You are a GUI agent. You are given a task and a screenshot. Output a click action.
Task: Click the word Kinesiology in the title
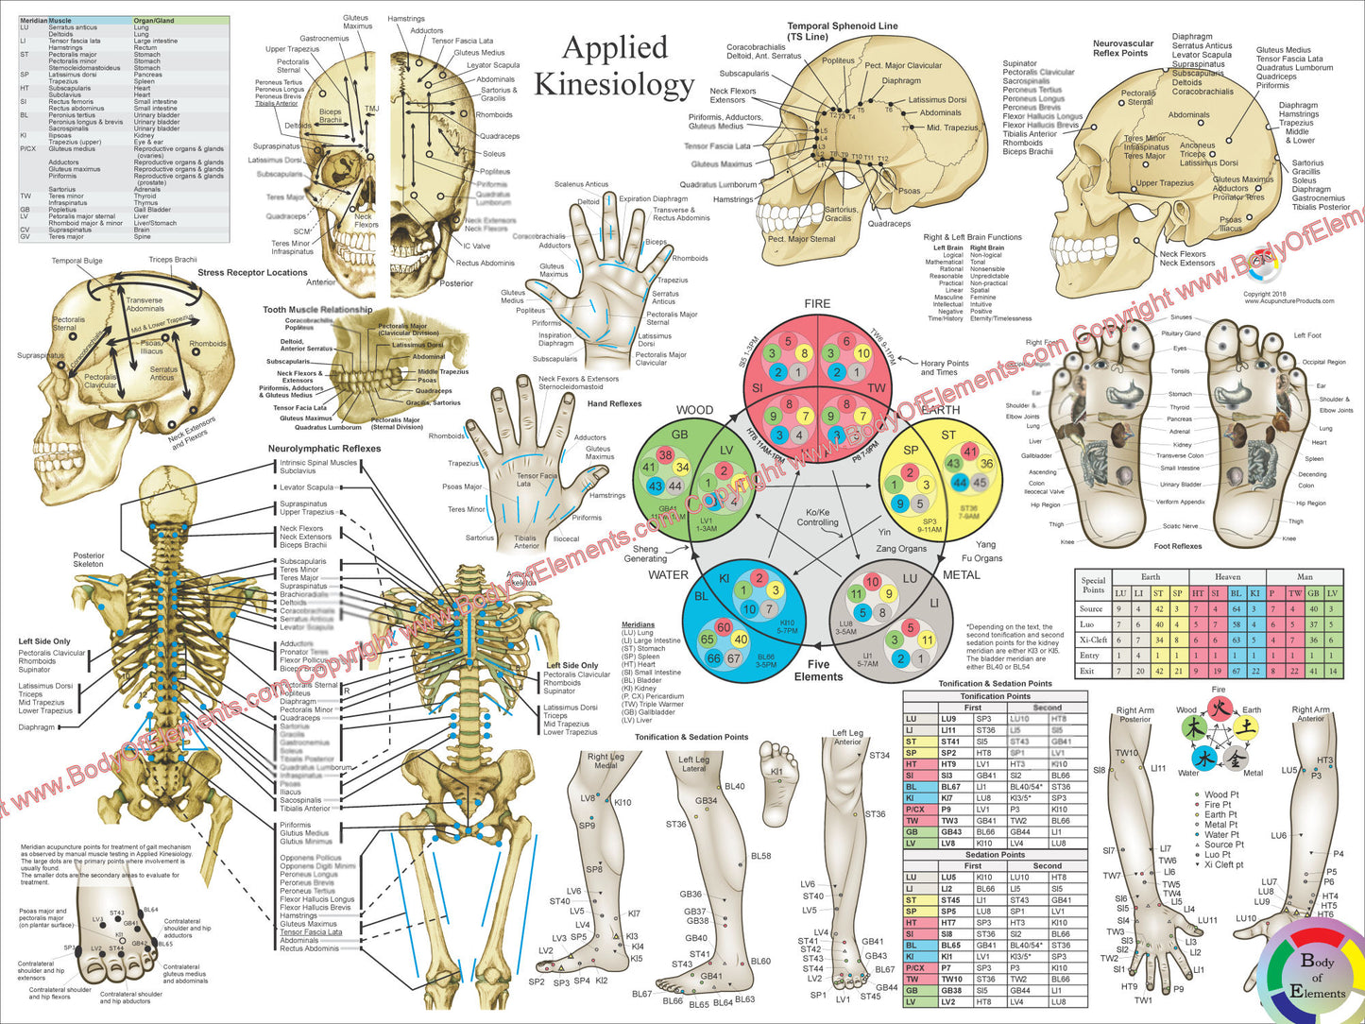tap(614, 84)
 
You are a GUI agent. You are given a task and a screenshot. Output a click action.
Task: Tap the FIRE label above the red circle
tap(817, 304)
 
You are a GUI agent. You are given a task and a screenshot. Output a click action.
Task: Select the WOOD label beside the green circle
tap(694, 410)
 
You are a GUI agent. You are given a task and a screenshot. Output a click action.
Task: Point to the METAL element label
tap(962, 574)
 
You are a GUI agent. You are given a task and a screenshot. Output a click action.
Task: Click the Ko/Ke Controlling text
tap(817, 518)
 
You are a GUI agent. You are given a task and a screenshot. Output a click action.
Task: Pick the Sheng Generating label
tap(645, 554)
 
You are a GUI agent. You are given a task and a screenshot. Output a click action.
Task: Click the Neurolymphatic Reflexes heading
tap(324, 449)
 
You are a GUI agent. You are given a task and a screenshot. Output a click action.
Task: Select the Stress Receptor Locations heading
tap(252, 273)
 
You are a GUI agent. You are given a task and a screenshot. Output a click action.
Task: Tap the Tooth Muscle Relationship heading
tap(317, 310)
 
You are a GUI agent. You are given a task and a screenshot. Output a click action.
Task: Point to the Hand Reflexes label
tap(614, 403)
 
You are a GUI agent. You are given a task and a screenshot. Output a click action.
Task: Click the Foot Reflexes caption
tap(1177, 546)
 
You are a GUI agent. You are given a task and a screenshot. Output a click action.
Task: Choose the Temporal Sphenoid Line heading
tap(843, 31)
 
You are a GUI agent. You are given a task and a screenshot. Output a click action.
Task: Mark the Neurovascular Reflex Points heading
tap(1123, 48)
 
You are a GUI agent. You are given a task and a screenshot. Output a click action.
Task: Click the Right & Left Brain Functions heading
tap(972, 237)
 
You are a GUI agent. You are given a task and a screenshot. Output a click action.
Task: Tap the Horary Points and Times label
tap(945, 367)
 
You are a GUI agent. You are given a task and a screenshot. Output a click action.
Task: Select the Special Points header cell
tap(1093, 586)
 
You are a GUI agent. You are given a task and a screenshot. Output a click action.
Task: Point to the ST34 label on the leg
tap(879, 756)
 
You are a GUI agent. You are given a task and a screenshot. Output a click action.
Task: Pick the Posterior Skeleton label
tap(89, 560)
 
